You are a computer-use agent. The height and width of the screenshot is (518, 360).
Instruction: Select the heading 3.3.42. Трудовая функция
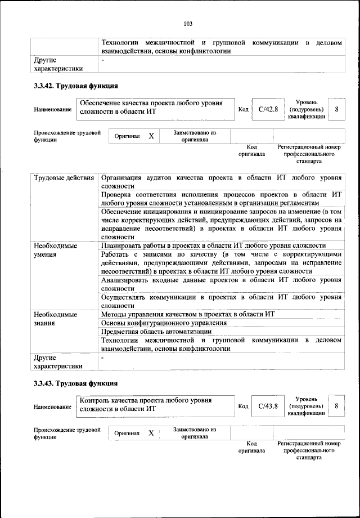point(75,86)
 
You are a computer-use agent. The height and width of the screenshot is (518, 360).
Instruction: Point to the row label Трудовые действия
point(64,178)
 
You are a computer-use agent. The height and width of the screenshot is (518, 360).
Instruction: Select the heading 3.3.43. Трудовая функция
point(75,383)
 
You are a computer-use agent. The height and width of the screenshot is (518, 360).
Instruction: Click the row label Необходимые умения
point(55,250)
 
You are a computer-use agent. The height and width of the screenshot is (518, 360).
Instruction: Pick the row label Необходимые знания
point(55,319)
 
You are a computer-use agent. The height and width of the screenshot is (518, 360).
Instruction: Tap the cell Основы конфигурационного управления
point(164,323)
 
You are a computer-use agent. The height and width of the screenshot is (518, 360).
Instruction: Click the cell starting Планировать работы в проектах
point(213,245)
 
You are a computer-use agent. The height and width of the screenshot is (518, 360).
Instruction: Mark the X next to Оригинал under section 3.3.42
point(151,136)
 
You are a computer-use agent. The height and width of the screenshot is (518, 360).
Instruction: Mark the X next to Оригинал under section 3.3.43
point(151,433)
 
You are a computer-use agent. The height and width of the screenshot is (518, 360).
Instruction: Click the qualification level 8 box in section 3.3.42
point(336,109)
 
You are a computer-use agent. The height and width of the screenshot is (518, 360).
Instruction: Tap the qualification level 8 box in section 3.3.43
point(336,406)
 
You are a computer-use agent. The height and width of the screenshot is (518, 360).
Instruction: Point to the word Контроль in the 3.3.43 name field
point(96,400)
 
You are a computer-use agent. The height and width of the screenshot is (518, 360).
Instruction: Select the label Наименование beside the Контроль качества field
point(52,406)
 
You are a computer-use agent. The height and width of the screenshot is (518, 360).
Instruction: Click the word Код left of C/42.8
point(243,109)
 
